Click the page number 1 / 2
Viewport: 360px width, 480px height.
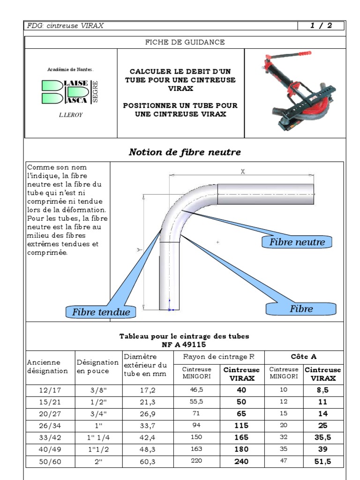[321, 26]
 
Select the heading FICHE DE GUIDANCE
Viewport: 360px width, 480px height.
[185, 42]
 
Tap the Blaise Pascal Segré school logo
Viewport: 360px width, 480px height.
[71, 91]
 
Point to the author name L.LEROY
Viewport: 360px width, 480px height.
[71, 114]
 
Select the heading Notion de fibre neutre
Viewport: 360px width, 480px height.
[185, 152]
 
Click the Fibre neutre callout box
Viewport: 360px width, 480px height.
[297, 242]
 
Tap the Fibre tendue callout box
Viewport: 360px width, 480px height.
[101, 312]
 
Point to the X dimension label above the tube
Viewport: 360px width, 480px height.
[242, 172]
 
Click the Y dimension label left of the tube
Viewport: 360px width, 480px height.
[139, 250]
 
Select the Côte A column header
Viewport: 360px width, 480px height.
[304, 357]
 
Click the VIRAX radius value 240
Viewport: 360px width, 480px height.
[241, 462]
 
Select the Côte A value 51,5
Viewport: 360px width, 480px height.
[323, 462]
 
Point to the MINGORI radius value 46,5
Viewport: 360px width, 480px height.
[196, 390]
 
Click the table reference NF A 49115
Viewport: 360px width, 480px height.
[184, 344]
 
